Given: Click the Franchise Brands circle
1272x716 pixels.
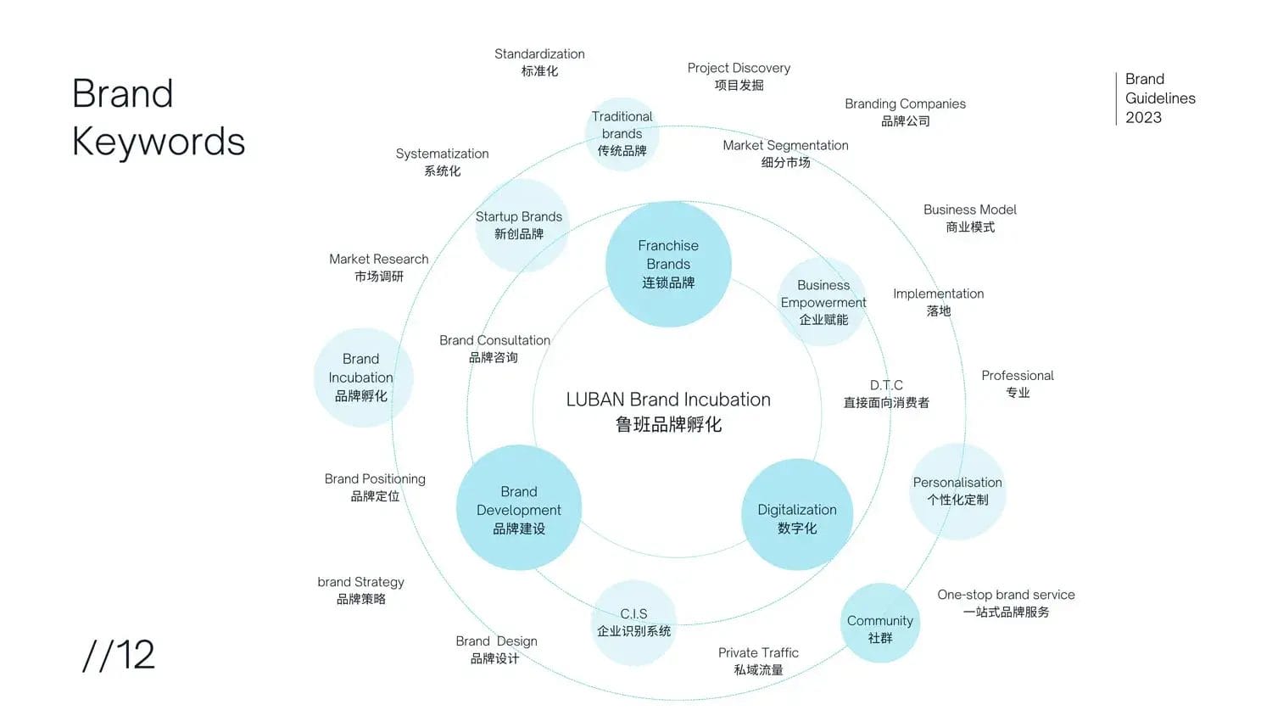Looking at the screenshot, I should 668,264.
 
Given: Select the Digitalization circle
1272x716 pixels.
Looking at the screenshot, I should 797,514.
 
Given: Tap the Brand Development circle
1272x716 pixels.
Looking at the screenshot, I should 519,508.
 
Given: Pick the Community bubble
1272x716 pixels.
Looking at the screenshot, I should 880,624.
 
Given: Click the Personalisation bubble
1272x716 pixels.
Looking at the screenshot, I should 957,491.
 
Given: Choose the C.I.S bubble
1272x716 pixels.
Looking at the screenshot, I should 633,623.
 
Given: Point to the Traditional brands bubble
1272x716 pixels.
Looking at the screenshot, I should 622,134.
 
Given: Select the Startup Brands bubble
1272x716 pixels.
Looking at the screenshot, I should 519,226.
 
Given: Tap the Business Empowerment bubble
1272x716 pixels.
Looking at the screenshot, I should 823,302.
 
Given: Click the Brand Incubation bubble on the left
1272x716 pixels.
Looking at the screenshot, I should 362,378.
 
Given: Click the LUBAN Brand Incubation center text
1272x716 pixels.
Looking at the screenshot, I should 668,411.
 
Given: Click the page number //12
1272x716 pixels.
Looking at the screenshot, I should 119,655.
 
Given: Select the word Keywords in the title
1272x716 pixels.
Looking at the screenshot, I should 159,141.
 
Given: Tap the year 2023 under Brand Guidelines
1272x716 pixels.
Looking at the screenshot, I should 1143,118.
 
